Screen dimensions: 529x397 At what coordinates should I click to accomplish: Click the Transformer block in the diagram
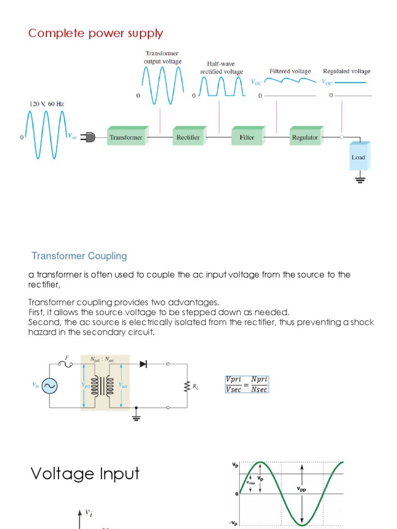(x=126, y=137)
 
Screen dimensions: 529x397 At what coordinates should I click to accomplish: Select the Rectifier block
(x=188, y=137)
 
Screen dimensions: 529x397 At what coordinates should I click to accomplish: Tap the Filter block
(x=247, y=137)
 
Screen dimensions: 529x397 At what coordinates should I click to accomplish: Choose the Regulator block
(x=305, y=137)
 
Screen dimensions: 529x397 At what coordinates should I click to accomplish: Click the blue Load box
(x=358, y=157)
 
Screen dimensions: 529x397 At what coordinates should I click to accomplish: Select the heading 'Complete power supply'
(x=96, y=34)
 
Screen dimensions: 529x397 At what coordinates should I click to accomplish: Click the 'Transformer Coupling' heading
(x=79, y=256)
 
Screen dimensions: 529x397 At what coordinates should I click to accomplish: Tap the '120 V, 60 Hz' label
(x=47, y=104)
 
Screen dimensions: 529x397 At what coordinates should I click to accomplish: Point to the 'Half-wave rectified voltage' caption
(x=222, y=68)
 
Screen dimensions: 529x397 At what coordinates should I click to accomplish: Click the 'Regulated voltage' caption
(x=346, y=71)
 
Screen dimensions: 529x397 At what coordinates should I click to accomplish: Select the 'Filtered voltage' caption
(x=290, y=71)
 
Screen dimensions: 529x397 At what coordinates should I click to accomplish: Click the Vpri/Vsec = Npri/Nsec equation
(x=247, y=384)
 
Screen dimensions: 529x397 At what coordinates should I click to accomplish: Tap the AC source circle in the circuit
(x=50, y=385)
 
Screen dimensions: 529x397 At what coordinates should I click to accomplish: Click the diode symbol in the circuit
(x=143, y=364)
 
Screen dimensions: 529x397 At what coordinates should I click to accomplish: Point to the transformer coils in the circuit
(x=105, y=385)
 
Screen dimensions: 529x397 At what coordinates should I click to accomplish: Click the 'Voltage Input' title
(x=85, y=473)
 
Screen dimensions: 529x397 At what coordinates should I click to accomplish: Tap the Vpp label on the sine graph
(x=301, y=489)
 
